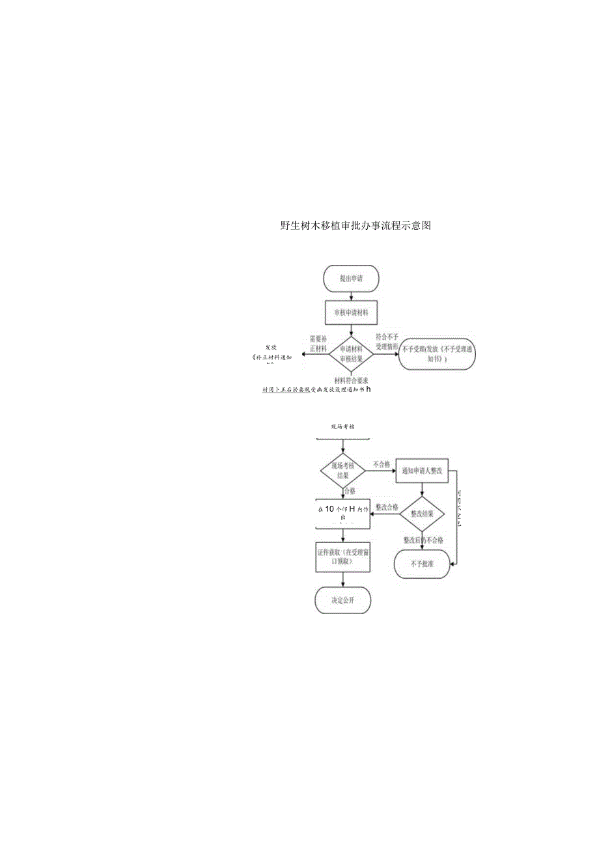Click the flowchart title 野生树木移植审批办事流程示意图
click(x=355, y=226)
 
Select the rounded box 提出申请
click(x=351, y=278)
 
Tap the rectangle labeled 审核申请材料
click(x=351, y=312)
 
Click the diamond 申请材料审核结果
click(x=351, y=354)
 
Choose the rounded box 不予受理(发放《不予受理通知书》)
click(x=437, y=354)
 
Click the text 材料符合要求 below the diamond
click(x=352, y=380)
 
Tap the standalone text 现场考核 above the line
click(x=342, y=426)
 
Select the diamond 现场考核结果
click(x=342, y=471)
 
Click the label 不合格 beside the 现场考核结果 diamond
click(x=382, y=465)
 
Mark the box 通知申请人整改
click(x=423, y=471)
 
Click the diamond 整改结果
click(x=423, y=513)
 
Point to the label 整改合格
click(x=385, y=507)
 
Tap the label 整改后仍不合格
click(x=423, y=540)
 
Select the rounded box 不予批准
click(x=423, y=564)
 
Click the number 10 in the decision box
click(x=329, y=509)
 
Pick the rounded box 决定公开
click(x=342, y=599)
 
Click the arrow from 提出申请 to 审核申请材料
click(x=352, y=296)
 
